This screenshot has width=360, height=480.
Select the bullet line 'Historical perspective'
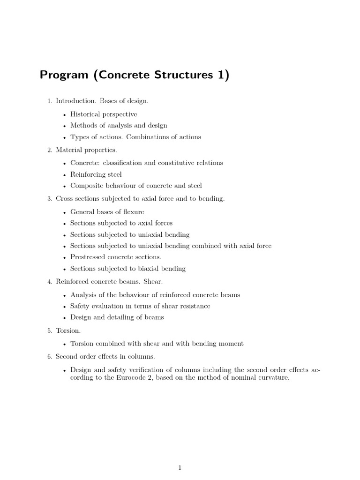(x=104, y=114)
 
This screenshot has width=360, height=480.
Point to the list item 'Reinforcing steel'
(x=96, y=174)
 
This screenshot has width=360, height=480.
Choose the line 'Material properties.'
(x=86, y=150)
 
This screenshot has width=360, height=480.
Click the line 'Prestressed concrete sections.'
(x=116, y=257)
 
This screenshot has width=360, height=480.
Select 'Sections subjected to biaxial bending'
(x=128, y=269)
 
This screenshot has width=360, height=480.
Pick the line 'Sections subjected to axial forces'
(x=121, y=223)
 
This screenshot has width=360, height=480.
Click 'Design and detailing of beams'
(x=117, y=317)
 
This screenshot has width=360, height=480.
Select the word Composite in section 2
(x=86, y=186)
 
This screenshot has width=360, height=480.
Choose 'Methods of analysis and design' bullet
(x=119, y=126)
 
